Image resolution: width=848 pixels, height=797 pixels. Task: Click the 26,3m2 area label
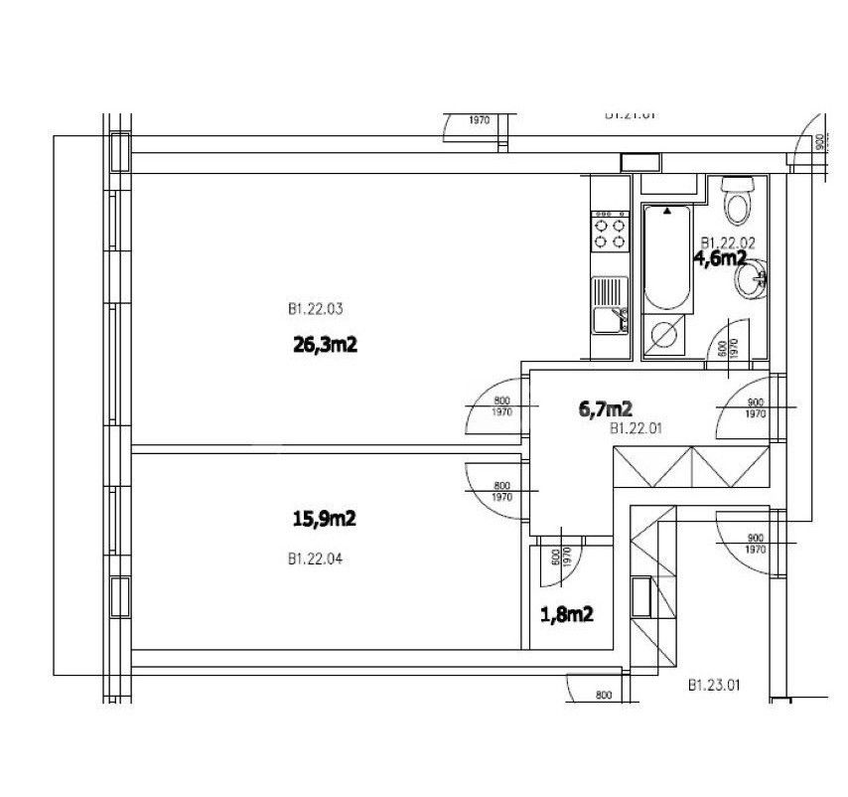coord(325,347)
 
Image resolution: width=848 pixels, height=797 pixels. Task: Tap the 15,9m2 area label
coord(324,518)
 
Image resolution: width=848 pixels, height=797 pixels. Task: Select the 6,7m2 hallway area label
coord(606,407)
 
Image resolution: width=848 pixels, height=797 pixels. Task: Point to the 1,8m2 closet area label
coord(566,615)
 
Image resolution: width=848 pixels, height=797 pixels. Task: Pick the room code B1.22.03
coord(315,310)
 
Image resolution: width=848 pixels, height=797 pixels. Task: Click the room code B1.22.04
coord(315,559)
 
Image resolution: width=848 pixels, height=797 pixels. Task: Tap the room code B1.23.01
coord(714,686)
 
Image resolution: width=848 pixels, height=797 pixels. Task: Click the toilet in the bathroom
coord(737,202)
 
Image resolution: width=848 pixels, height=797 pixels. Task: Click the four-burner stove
coord(609,231)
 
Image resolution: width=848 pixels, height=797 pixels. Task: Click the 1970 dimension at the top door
coord(479,120)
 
